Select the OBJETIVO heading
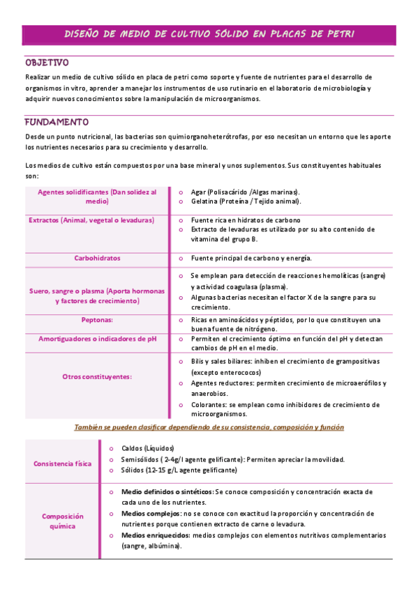[47, 63]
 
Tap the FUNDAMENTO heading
[57, 121]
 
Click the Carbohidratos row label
[97, 258]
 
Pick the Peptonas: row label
[97, 320]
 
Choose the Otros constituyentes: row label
[97, 376]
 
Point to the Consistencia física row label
[62, 463]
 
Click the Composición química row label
[62, 521]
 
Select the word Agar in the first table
[199, 192]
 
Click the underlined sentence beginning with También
[209, 427]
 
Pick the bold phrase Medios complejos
[145, 513]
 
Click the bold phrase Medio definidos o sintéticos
[167, 491]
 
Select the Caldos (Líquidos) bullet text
[147, 448]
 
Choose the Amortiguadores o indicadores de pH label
[97, 339]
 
